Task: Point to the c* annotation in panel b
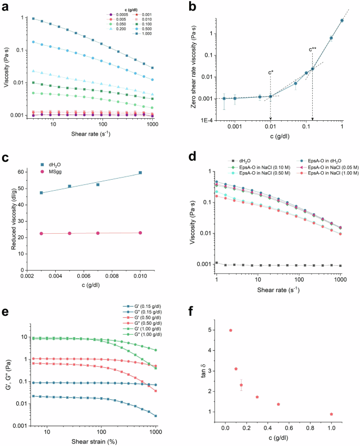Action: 271,72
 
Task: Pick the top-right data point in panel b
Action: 342,20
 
